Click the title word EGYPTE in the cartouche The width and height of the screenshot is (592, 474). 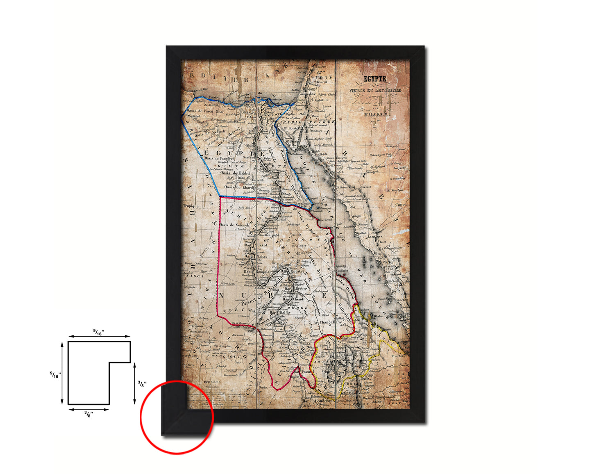coord(375,78)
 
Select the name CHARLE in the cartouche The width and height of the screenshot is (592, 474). coord(376,114)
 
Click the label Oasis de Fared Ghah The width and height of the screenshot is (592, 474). coord(205,111)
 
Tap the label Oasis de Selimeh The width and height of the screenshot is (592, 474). coord(234,225)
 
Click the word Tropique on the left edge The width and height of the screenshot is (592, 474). coord(191,206)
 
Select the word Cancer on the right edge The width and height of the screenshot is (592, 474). coord(401,204)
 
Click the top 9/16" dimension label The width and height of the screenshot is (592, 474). coord(98,333)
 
